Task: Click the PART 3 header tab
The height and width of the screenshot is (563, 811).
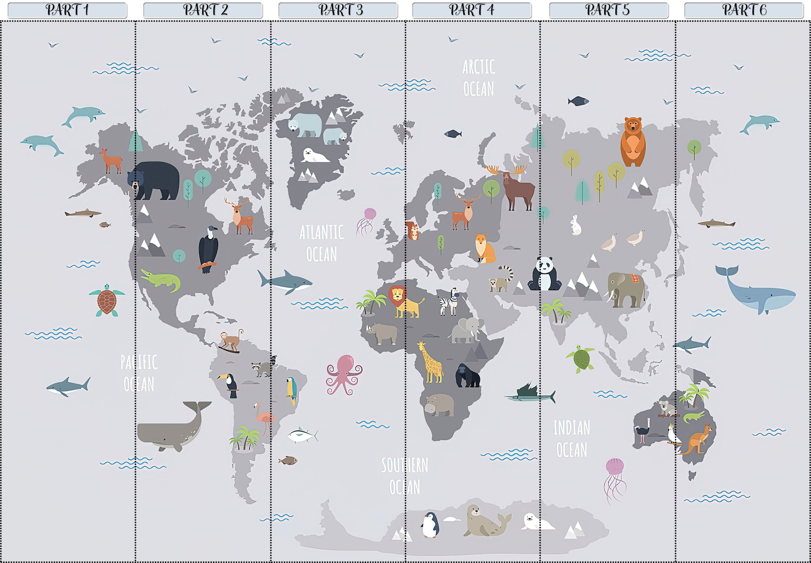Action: (338, 10)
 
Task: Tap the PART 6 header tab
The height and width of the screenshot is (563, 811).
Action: (744, 10)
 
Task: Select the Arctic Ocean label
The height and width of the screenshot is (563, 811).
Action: (479, 78)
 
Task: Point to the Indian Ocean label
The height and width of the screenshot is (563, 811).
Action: (571, 438)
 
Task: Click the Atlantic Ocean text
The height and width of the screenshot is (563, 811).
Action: (321, 243)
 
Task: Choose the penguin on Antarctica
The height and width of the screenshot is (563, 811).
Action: (430, 525)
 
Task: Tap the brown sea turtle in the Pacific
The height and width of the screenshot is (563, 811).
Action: (107, 300)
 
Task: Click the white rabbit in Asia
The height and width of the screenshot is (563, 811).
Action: (576, 225)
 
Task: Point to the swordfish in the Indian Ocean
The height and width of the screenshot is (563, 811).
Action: (530, 394)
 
